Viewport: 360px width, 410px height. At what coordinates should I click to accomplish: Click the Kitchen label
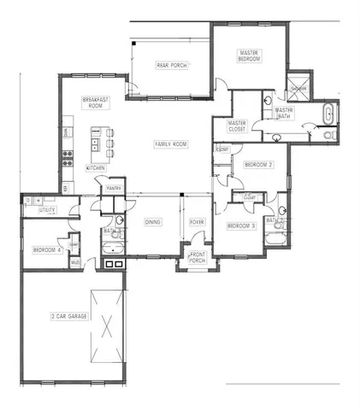[x=95, y=168]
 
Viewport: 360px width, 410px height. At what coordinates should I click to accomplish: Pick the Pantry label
[x=114, y=188]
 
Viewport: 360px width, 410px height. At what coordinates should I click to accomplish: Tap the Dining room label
[x=152, y=222]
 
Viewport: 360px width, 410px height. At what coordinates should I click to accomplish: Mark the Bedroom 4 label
[x=44, y=249]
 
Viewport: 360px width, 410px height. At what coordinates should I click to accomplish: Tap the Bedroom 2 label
[x=258, y=164]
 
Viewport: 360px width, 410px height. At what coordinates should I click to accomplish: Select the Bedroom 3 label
[x=240, y=225]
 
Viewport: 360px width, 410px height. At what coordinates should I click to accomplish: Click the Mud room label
[x=75, y=261]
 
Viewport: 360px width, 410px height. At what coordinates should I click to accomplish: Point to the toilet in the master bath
[x=330, y=135]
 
